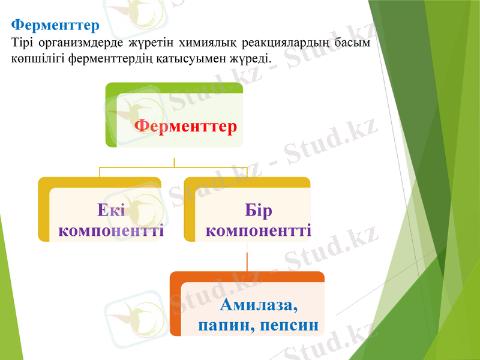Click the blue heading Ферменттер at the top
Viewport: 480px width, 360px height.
pyautogui.click(x=55, y=26)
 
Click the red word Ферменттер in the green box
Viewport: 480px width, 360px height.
pyautogui.click(x=185, y=127)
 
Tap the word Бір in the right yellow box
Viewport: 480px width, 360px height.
pyautogui.click(x=259, y=211)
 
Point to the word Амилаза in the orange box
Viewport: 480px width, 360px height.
pyautogui.click(x=259, y=305)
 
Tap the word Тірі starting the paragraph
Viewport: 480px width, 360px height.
pyautogui.click(x=22, y=43)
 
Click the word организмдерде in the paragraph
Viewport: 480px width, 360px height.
pyautogui.click(x=76, y=43)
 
